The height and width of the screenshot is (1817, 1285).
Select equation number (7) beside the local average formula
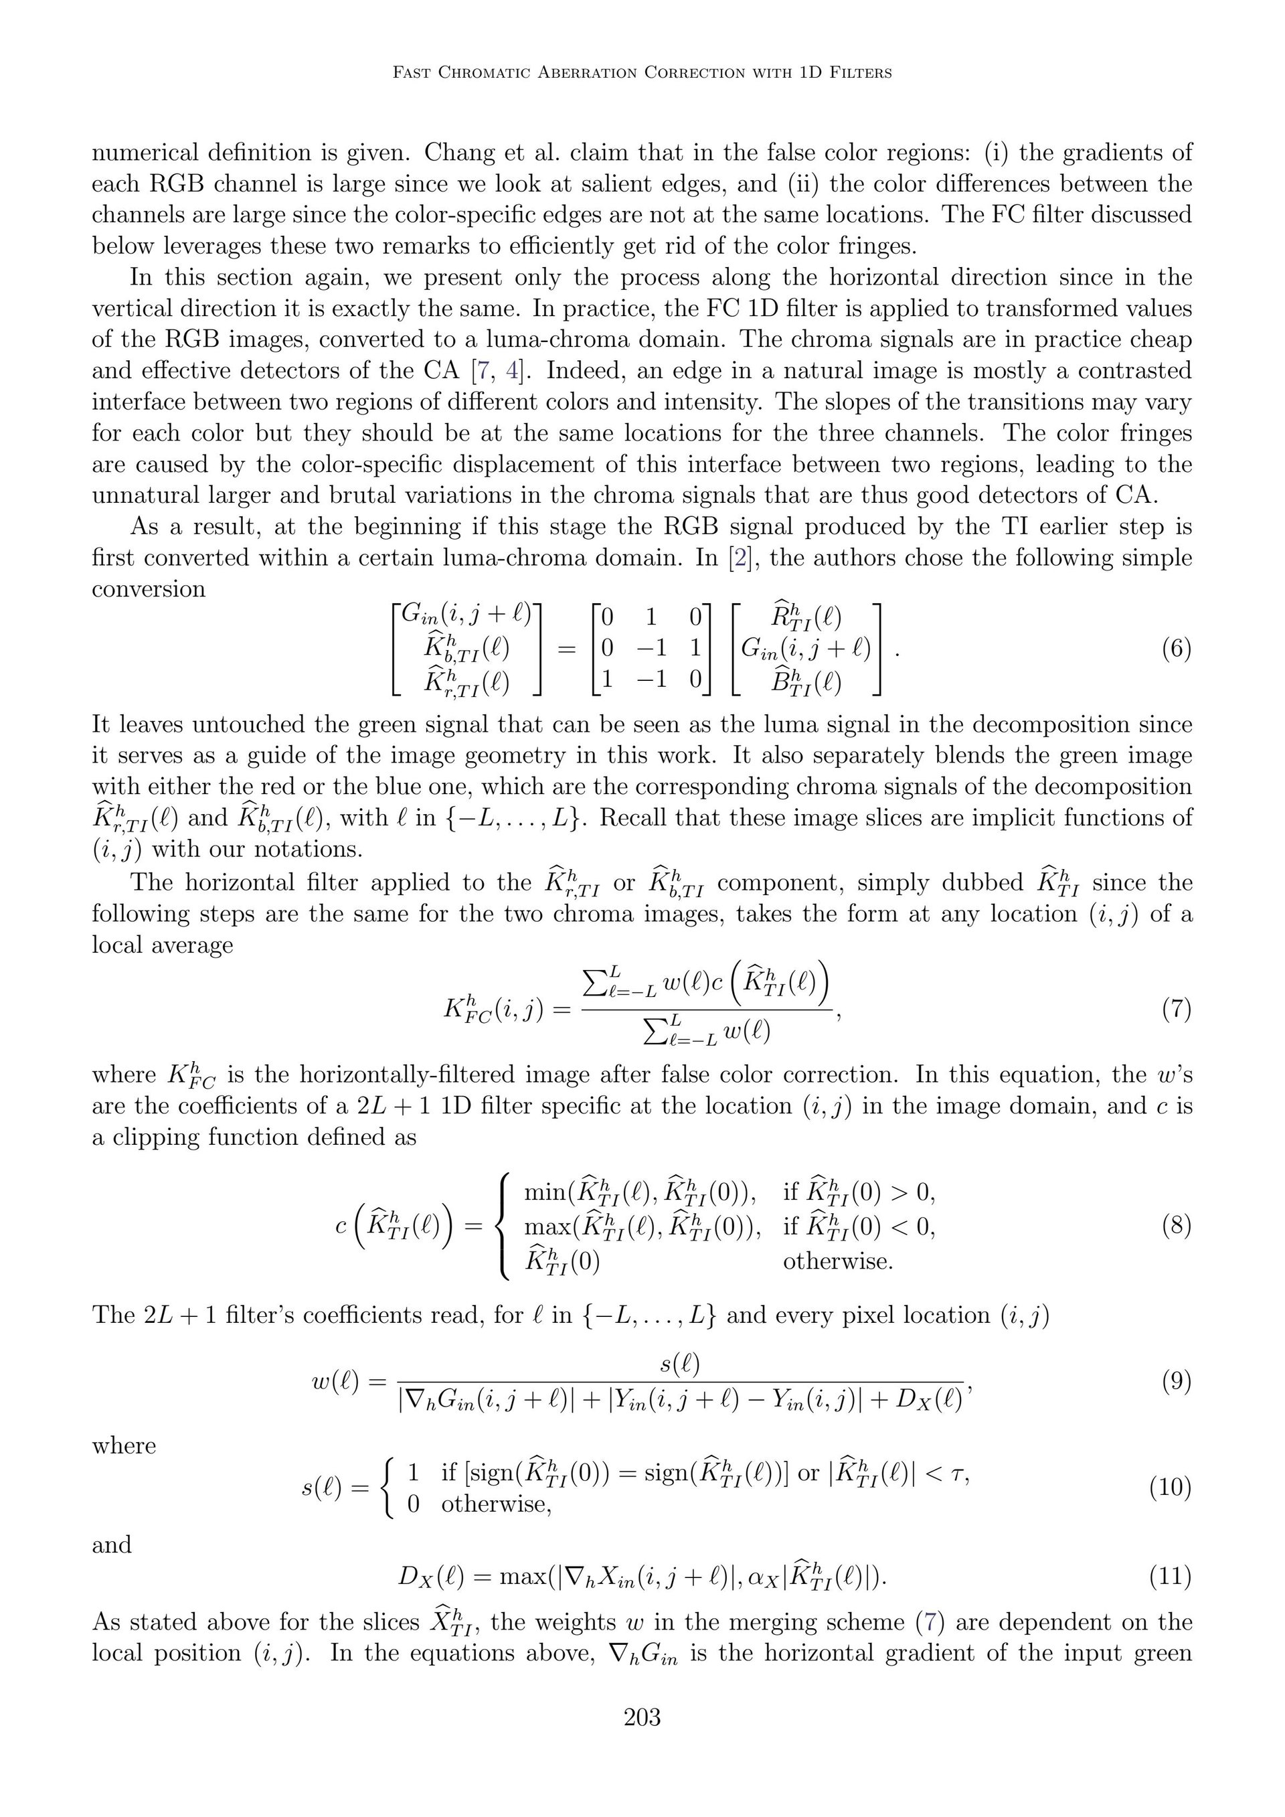point(1176,1010)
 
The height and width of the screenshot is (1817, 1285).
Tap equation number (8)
point(1176,1226)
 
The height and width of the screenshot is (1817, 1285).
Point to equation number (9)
point(1176,1382)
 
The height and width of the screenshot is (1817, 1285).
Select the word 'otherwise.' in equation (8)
point(837,1261)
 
